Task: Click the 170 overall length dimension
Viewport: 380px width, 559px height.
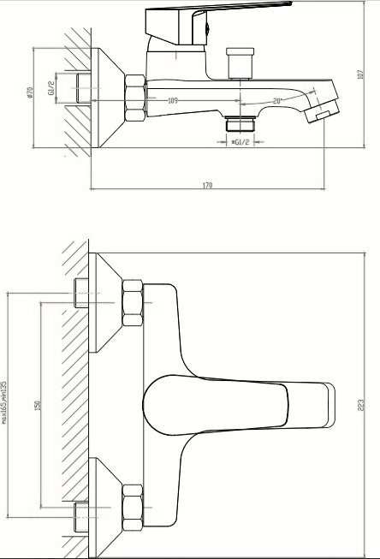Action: (207, 186)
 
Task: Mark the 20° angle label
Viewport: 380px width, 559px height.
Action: (277, 101)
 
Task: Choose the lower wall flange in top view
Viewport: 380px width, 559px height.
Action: (108, 505)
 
